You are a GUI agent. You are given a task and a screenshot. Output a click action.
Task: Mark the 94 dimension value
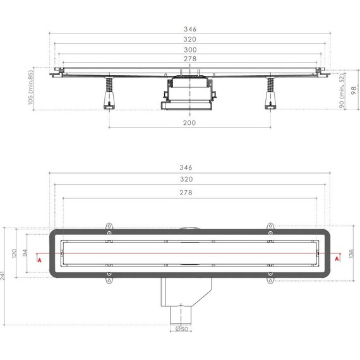(26, 253)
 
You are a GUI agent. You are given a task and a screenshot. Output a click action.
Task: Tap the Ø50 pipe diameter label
(181, 328)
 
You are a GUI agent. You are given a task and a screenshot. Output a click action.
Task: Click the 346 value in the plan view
(186, 167)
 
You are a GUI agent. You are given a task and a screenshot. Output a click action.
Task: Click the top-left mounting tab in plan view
(108, 227)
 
